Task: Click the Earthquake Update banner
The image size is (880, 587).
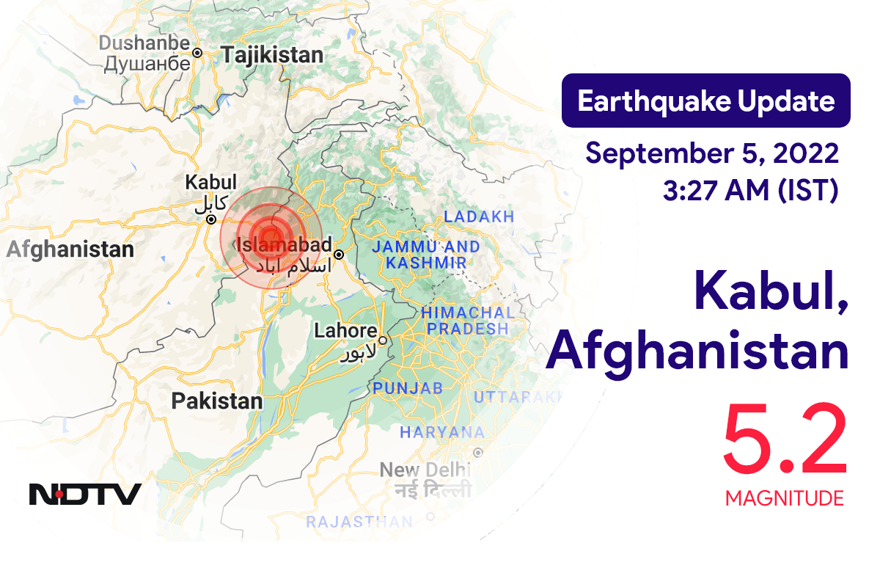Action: pyautogui.click(x=705, y=101)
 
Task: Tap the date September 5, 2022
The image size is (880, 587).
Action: pyautogui.click(x=712, y=154)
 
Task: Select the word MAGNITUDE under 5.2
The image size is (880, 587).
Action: pyautogui.click(x=784, y=499)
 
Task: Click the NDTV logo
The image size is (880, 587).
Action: pyautogui.click(x=85, y=494)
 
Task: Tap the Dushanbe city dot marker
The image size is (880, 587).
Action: pyautogui.click(x=197, y=53)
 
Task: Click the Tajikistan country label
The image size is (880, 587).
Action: pyautogui.click(x=272, y=55)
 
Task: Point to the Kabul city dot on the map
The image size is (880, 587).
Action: pyautogui.click(x=210, y=219)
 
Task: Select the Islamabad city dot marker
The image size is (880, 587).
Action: pyautogui.click(x=339, y=255)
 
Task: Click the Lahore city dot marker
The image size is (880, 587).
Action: pyautogui.click(x=382, y=340)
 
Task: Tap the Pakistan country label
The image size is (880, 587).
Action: pyautogui.click(x=216, y=401)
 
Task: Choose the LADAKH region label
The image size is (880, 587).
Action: pyautogui.click(x=479, y=217)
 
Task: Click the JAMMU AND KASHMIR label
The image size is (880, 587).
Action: pyautogui.click(x=425, y=255)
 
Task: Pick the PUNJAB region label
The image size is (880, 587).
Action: pyautogui.click(x=408, y=387)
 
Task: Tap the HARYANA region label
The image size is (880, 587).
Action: pyautogui.click(x=441, y=433)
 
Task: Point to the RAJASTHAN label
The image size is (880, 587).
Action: pyautogui.click(x=359, y=522)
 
